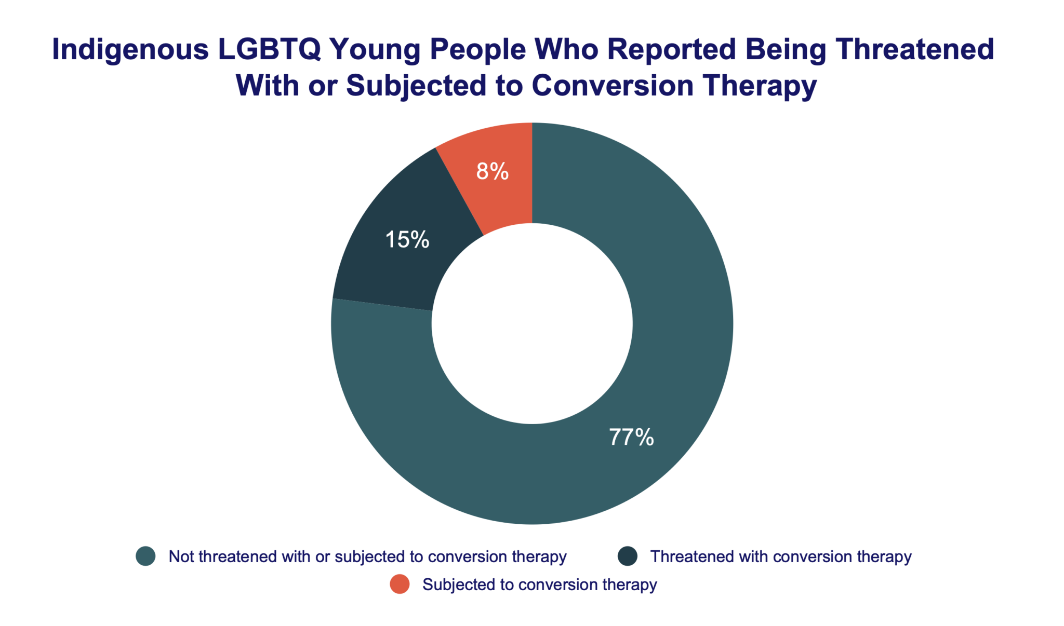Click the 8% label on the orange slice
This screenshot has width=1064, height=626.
pos(492,171)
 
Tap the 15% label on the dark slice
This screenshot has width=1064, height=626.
pos(407,239)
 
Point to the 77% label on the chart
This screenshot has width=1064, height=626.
pos(631,437)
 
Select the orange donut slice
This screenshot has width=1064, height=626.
pos(499,197)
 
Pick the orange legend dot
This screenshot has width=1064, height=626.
pos(400,584)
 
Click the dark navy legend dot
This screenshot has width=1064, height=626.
pos(627,556)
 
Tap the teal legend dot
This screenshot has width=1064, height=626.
pos(145,556)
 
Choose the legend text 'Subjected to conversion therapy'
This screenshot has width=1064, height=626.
pos(539,584)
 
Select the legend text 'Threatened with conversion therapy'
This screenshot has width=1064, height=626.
pos(781,556)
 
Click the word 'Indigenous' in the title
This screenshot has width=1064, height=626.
pos(130,50)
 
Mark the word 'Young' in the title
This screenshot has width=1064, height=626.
pos(374,50)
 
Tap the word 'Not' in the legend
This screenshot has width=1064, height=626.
pos(181,556)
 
